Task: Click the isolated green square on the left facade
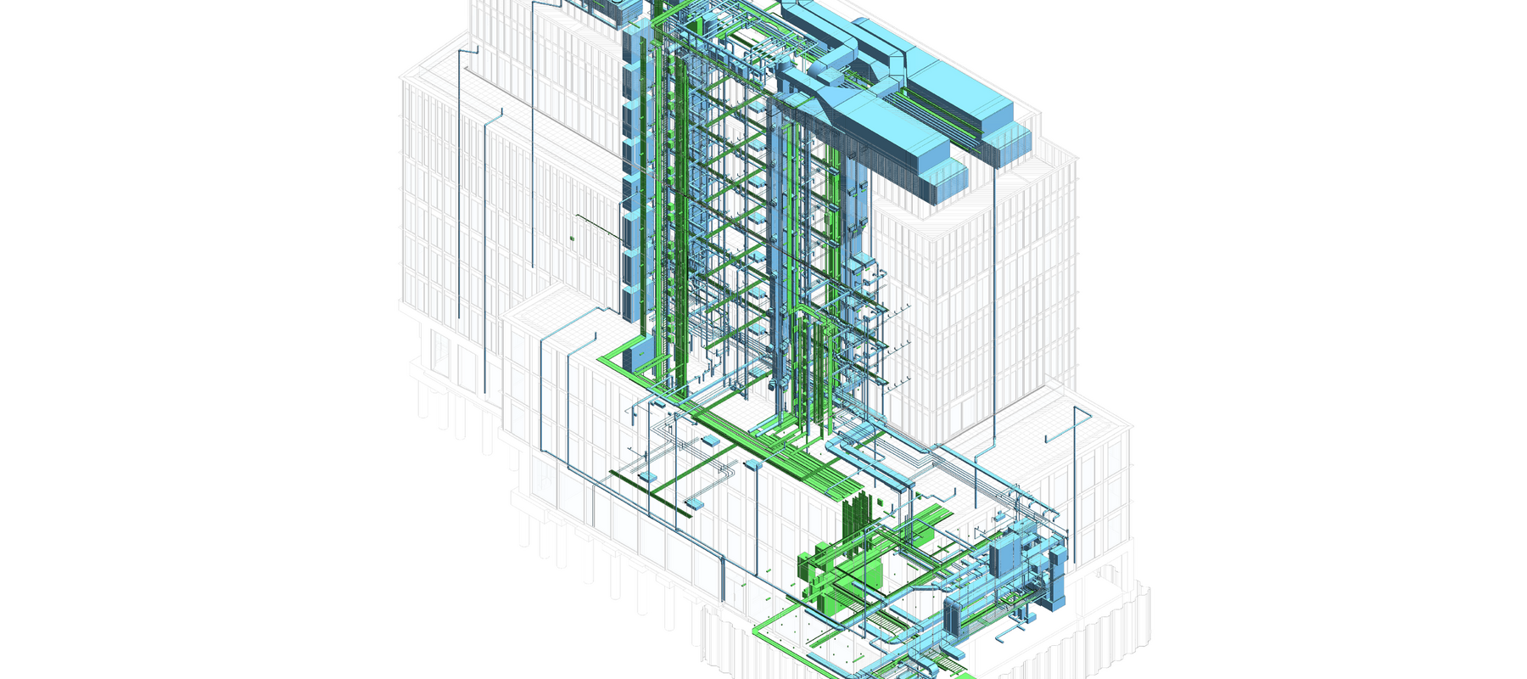(x=572, y=238)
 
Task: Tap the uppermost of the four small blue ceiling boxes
(x=709, y=440)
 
